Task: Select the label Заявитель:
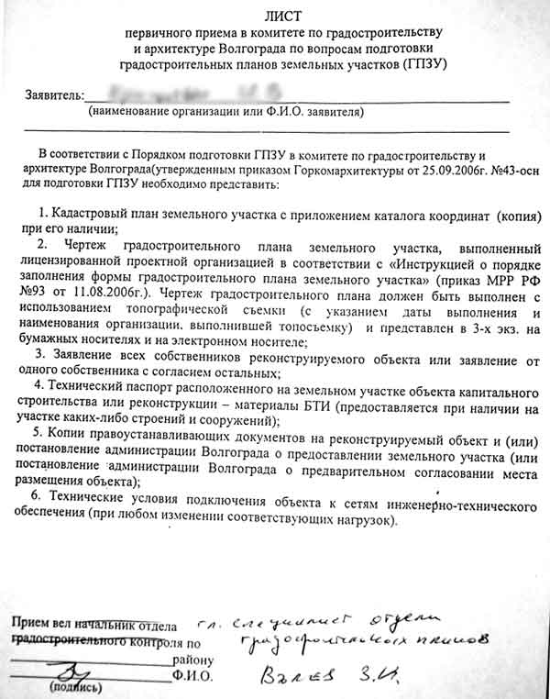[57, 95]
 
